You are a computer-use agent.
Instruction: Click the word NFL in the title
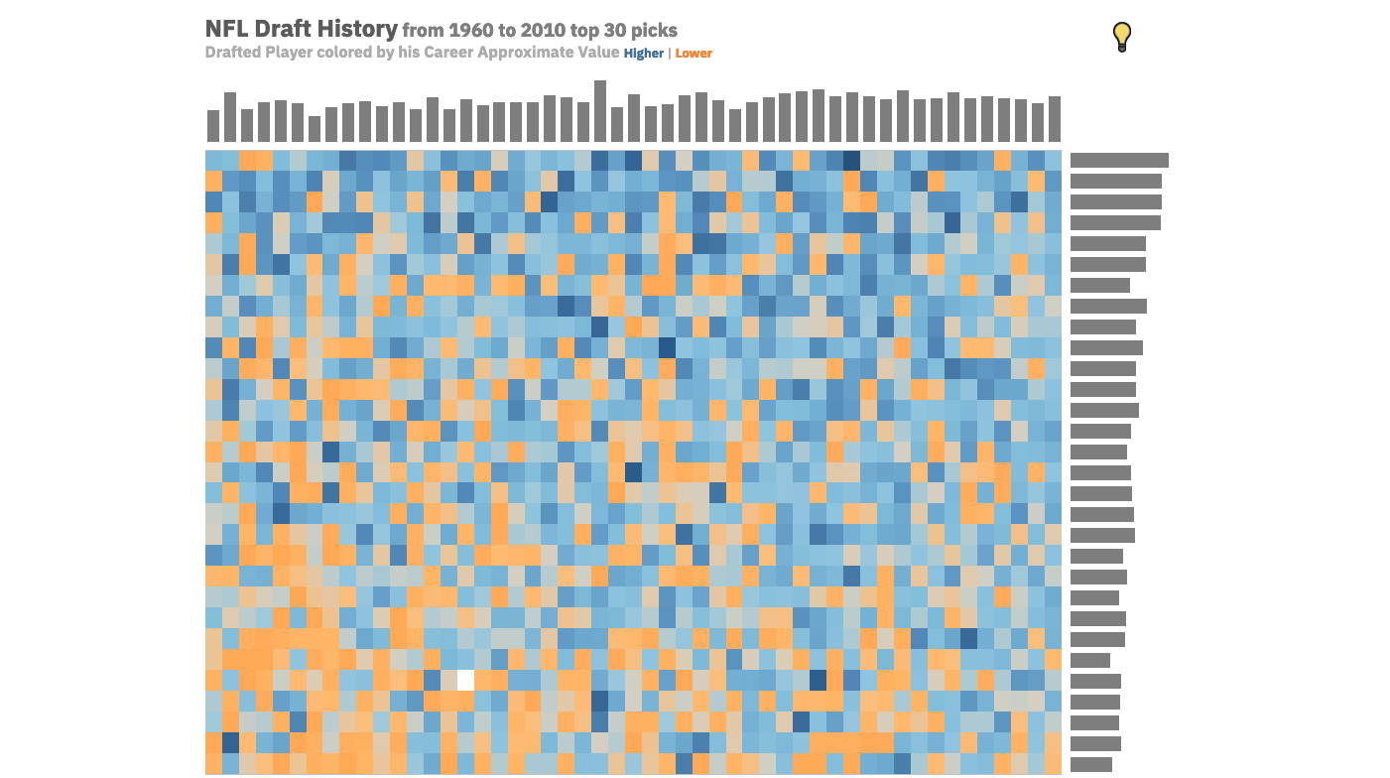tap(226, 30)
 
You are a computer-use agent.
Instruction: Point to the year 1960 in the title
tap(469, 31)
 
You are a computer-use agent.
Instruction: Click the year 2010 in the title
tap(541, 31)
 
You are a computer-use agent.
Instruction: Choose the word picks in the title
tap(656, 31)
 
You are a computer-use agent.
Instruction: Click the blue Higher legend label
tap(644, 54)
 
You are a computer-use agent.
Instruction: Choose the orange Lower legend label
tap(694, 54)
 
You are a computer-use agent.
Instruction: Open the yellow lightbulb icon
tap(1122, 37)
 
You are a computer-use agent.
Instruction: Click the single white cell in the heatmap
tap(465, 681)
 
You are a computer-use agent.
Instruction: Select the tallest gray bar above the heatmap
tap(600, 111)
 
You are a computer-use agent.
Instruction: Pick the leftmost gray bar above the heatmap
tap(213, 126)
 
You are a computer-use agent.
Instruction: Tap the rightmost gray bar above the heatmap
tap(1055, 119)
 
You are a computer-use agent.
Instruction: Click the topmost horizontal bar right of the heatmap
tap(1119, 160)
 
